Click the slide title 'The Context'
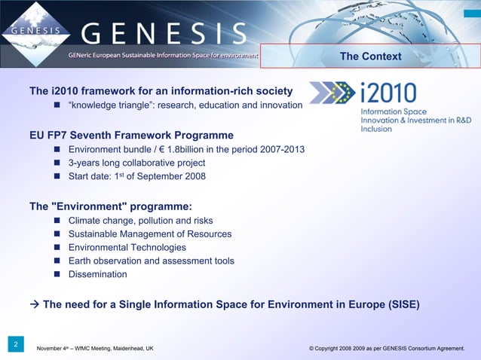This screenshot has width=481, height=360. tap(370, 56)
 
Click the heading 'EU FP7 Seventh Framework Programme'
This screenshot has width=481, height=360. tap(131, 136)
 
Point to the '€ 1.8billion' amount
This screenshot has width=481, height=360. tap(195, 149)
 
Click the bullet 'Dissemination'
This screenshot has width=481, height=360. tap(97, 274)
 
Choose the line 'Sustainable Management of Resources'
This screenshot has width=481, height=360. tap(149, 233)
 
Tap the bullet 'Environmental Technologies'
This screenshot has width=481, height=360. tap(127, 247)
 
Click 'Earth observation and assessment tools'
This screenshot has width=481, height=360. tap(151, 261)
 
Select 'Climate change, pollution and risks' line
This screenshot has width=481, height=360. tap(140, 220)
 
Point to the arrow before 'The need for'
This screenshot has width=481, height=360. tap(34, 305)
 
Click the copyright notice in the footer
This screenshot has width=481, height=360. tap(387, 349)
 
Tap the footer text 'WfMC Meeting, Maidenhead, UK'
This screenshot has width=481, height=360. tap(106, 349)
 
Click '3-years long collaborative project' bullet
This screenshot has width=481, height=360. tap(136, 163)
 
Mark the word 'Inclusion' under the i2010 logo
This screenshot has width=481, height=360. tap(376, 129)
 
